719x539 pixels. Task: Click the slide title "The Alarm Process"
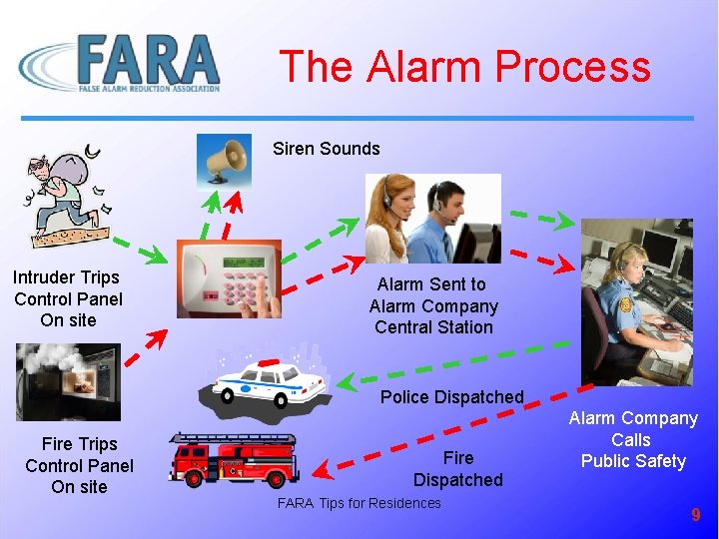464,67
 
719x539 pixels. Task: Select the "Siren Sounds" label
327,149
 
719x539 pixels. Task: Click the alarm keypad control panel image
229,278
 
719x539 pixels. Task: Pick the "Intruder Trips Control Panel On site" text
67,298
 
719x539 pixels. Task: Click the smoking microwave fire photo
68,381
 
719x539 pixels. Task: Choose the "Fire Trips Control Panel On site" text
79,465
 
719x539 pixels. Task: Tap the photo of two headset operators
432,218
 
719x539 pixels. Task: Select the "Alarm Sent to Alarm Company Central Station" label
432,305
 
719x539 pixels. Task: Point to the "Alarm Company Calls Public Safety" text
633,439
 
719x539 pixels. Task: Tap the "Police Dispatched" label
451,397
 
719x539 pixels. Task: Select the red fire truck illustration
233,461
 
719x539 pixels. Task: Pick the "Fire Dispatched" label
457,469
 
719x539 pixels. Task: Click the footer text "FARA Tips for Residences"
359,503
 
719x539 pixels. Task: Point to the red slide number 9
696,515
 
